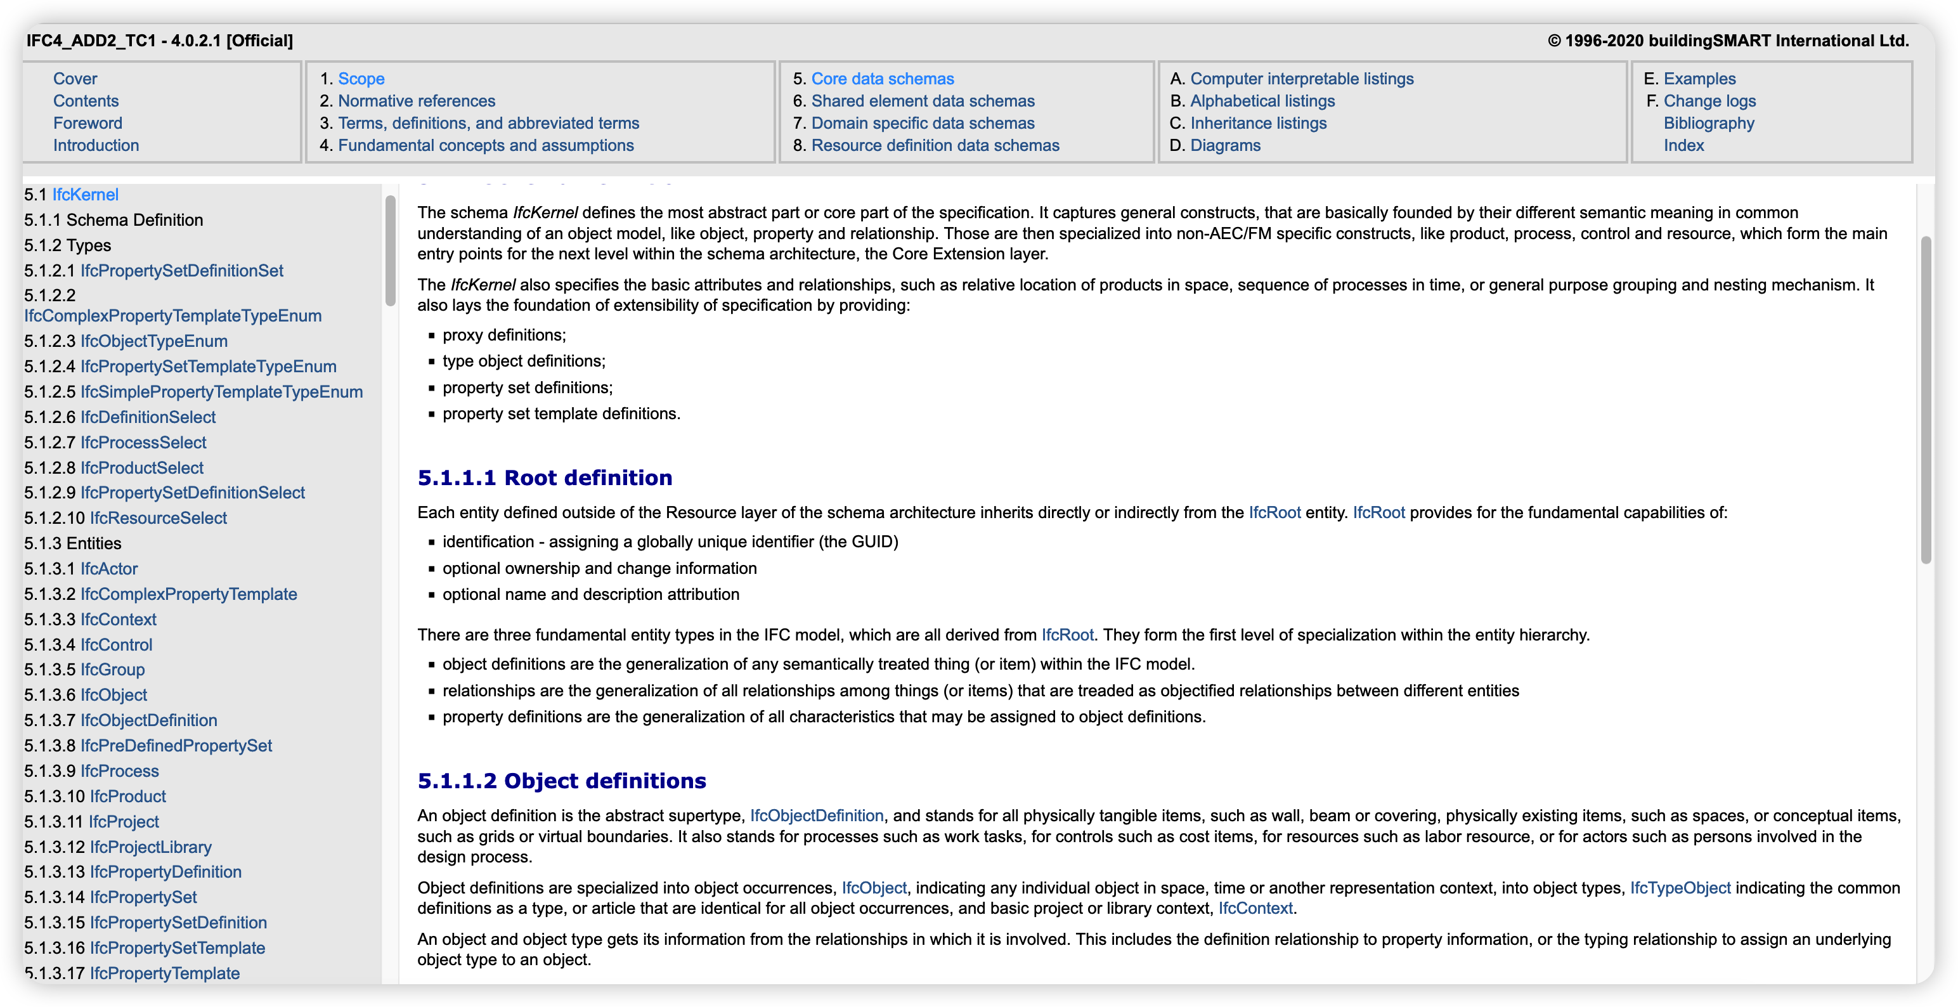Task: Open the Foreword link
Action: [x=88, y=123]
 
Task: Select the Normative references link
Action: [x=416, y=101]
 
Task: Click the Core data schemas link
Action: [x=882, y=79]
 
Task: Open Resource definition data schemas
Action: [x=934, y=145]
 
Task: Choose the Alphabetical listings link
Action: [x=1262, y=101]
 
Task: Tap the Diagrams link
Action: [x=1224, y=145]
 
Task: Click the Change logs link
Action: [x=1709, y=101]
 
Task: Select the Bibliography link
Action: [x=1708, y=123]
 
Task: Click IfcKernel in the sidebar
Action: [x=85, y=195]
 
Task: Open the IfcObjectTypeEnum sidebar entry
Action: [x=153, y=341]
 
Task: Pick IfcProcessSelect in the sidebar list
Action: [x=143, y=443]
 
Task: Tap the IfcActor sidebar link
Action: [x=108, y=568]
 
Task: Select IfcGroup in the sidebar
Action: [x=112, y=670]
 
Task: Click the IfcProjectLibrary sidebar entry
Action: [x=150, y=847]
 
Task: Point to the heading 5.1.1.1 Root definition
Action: [x=544, y=478]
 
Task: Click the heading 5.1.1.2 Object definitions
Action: [x=561, y=781]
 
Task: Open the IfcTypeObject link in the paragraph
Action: [x=1680, y=888]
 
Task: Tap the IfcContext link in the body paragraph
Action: [x=1255, y=908]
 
